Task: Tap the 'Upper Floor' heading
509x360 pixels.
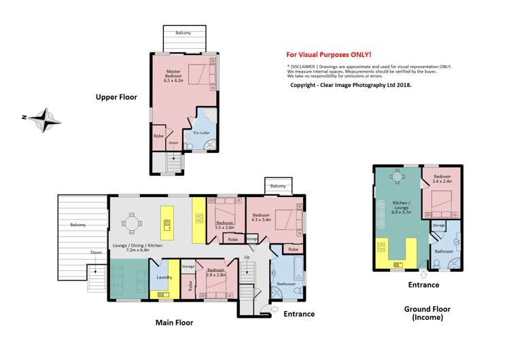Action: click(116, 98)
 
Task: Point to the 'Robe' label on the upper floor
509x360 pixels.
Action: click(158, 136)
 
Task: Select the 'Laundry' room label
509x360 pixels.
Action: click(163, 277)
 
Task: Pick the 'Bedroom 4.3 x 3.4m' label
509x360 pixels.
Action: click(262, 217)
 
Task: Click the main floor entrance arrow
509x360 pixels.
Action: click(273, 310)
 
